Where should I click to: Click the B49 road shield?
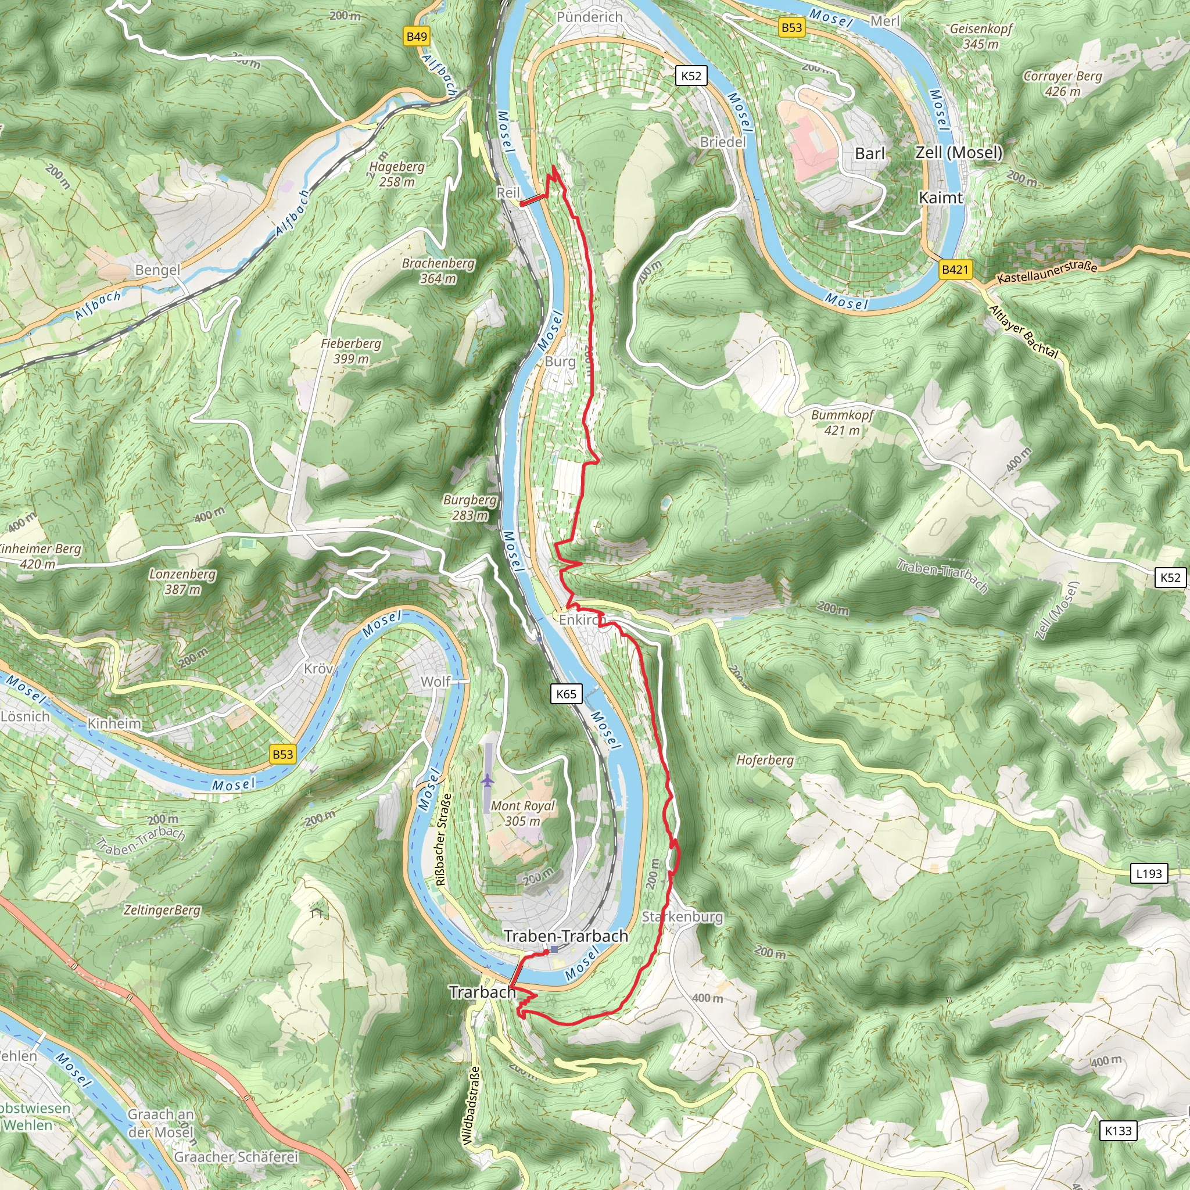click(417, 37)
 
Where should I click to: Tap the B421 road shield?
click(955, 269)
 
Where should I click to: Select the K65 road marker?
click(566, 694)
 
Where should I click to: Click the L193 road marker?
click(1149, 873)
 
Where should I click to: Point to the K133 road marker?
click(1118, 1131)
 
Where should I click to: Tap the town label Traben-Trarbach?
click(566, 935)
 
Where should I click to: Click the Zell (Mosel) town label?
click(959, 152)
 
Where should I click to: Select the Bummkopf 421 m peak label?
click(842, 422)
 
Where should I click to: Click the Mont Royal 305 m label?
click(522, 813)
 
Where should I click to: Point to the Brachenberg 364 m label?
click(438, 271)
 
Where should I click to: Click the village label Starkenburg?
click(683, 916)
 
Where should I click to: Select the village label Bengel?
click(157, 270)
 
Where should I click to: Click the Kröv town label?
click(318, 668)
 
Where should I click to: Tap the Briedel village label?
click(722, 142)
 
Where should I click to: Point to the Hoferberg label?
click(765, 760)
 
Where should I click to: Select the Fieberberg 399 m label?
click(350, 351)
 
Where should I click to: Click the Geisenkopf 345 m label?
click(981, 37)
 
